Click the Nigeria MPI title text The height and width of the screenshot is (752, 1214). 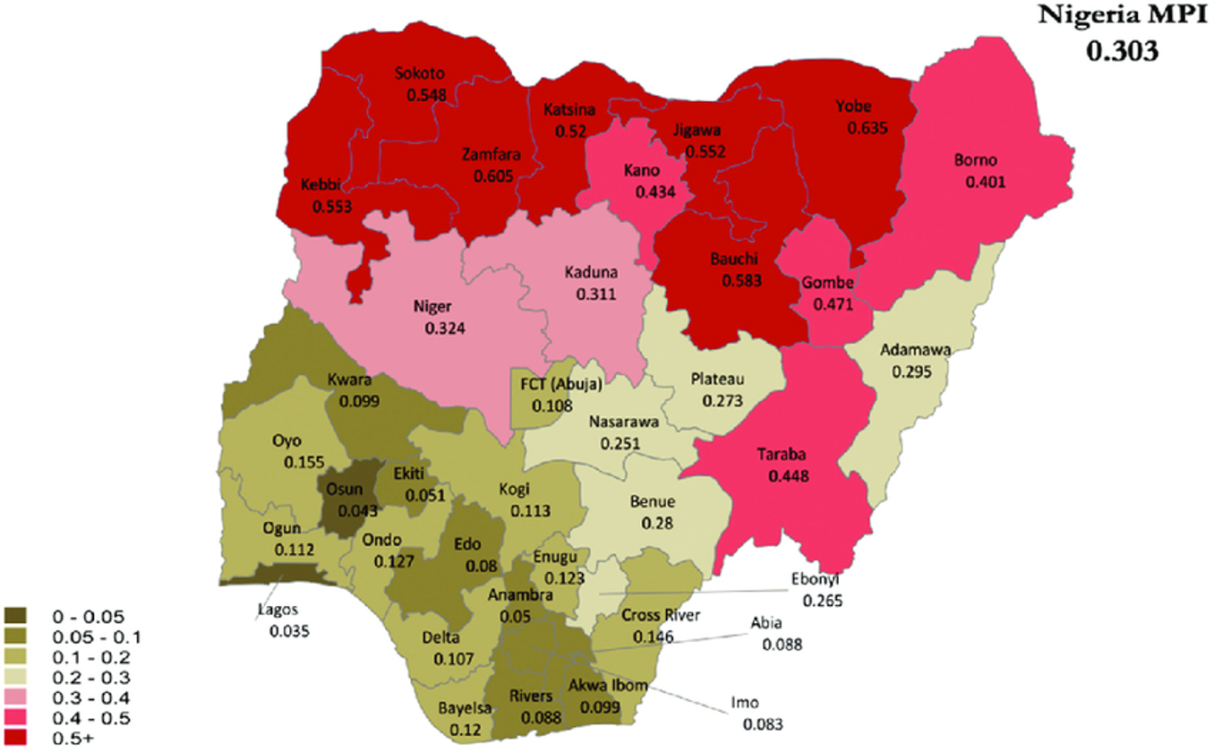coord(1122,15)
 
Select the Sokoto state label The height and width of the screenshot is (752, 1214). coord(420,74)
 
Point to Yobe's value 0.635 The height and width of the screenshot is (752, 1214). coord(867,128)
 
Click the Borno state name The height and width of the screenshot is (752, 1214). coord(975,162)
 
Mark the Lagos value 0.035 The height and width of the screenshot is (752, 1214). coord(288,631)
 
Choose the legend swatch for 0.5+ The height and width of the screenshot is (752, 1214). coord(15,738)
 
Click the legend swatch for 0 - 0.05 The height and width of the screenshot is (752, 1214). coord(15,616)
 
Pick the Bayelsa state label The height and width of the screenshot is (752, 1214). coord(463,709)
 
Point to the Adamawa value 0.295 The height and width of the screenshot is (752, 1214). coord(913,369)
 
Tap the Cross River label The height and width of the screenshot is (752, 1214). coord(663,616)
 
